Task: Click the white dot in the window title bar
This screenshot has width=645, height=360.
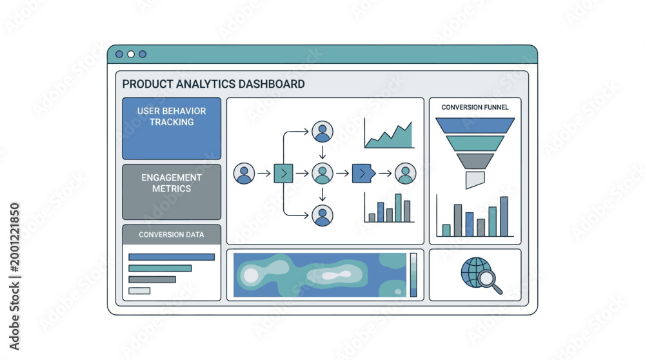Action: [131, 54]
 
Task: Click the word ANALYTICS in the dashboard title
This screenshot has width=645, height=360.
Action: [206, 84]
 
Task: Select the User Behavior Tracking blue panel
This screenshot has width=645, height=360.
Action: [172, 128]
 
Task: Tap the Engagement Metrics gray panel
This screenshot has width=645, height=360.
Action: [172, 192]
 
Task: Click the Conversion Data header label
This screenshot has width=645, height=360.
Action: [171, 234]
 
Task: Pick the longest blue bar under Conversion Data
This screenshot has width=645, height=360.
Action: [172, 257]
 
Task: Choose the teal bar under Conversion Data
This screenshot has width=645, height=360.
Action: [160, 268]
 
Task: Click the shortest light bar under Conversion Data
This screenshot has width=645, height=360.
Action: [139, 291]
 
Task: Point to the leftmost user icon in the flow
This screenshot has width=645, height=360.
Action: [244, 173]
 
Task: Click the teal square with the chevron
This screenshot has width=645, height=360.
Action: [283, 173]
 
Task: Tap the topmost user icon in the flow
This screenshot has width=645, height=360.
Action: [322, 132]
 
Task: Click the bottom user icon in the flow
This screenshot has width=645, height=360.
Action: [322, 215]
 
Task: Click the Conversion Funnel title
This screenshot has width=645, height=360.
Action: [475, 107]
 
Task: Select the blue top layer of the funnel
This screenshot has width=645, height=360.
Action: [475, 126]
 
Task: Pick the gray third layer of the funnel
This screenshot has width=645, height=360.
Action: [475, 161]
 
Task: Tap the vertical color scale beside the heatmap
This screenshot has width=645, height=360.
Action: [413, 275]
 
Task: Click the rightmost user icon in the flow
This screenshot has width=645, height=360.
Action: [406, 173]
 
